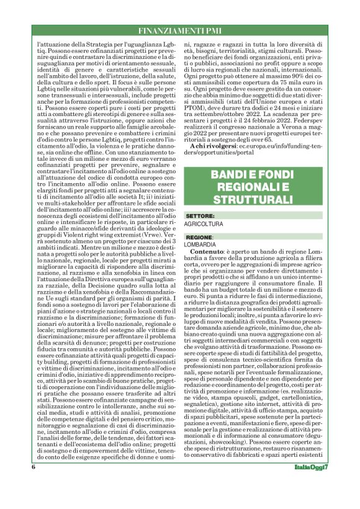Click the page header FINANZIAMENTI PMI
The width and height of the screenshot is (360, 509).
click(x=179, y=30)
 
